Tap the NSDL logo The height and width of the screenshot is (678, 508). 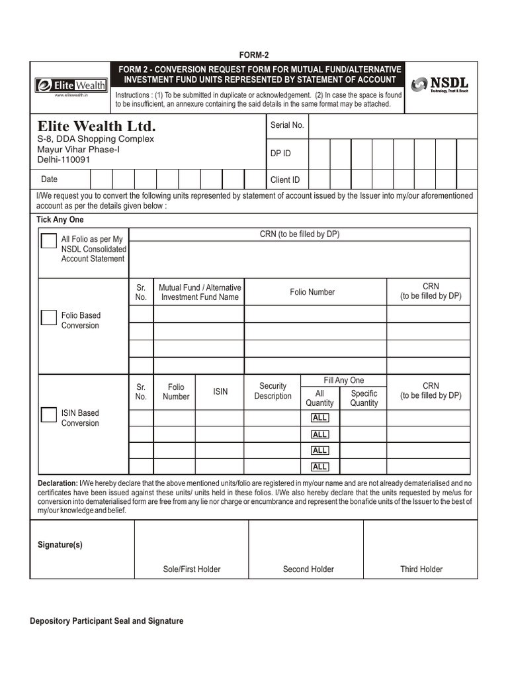[440, 85]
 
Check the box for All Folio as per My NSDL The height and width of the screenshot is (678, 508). [49, 240]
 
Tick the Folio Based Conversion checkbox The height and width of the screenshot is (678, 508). [49, 317]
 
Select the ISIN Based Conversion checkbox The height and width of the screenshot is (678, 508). [49, 415]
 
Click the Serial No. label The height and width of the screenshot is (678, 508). [287, 125]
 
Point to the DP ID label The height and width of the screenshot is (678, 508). [280, 154]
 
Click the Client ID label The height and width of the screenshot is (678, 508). [285, 179]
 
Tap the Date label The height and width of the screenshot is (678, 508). [50, 179]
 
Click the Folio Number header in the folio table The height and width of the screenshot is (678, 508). [312, 292]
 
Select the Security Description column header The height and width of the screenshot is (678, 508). [273, 391]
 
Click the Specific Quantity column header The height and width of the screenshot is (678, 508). [364, 398]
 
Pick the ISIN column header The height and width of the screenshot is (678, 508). [220, 391]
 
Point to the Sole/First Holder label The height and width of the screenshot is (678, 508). [192, 569]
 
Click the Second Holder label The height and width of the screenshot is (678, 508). [308, 569]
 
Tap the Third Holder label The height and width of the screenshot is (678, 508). [421, 569]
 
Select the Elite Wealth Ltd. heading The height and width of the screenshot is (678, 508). [97, 126]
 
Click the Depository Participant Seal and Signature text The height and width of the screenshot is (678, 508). [106, 621]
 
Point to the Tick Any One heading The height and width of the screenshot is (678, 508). [60, 219]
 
